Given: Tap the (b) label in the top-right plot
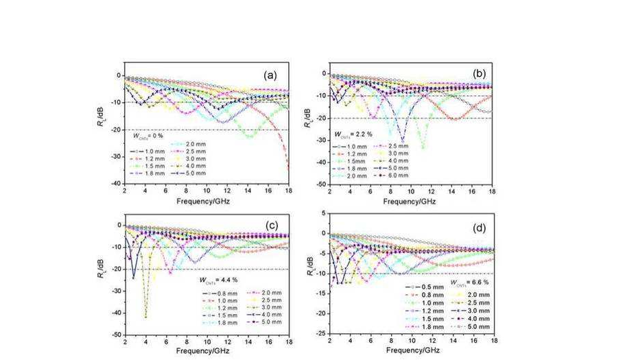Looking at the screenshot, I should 478,72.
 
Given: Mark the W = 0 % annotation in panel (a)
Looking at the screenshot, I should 150,136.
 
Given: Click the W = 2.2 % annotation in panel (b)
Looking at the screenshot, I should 353,134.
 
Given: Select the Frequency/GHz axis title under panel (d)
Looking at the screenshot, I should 411,352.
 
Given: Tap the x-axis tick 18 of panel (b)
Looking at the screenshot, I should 492,193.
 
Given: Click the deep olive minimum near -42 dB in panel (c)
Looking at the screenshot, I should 145,317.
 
